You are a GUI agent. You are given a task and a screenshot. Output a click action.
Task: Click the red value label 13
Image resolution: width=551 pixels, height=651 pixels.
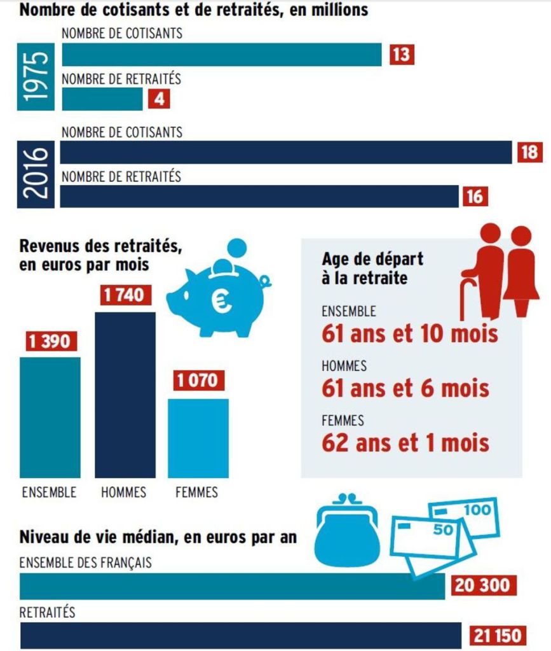(x=401, y=55)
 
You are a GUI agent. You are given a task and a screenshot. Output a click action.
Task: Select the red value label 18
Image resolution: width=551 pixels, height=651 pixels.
(x=529, y=153)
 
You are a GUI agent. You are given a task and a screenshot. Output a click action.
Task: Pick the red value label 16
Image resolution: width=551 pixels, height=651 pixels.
(x=474, y=197)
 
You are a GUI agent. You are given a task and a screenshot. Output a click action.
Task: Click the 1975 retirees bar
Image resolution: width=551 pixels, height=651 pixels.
(x=102, y=99)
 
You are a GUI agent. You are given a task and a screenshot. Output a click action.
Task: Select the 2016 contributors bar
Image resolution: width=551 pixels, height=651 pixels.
(x=286, y=153)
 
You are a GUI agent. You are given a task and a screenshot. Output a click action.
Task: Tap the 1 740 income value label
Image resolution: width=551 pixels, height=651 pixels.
(x=125, y=296)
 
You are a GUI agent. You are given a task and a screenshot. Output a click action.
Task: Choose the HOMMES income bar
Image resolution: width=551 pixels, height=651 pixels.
(x=125, y=395)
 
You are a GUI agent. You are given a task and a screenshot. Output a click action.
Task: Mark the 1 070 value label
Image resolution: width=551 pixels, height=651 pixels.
(x=197, y=381)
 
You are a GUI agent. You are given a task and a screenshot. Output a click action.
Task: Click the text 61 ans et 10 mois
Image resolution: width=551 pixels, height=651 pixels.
(x=409, y=333)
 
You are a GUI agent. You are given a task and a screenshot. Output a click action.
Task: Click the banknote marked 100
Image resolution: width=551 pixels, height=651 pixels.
(x=467, y=516)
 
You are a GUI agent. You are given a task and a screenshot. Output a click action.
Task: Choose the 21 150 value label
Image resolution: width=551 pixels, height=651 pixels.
(x=498, y=634)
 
